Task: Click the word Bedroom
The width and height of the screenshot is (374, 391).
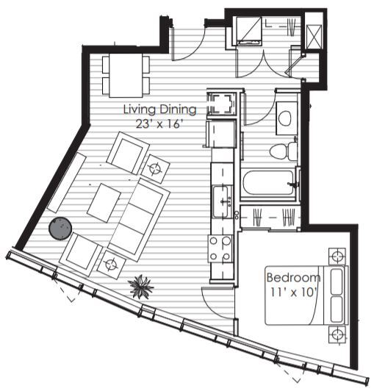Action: tap(292, 278)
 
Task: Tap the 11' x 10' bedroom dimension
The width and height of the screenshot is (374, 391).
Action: tap(292, 291)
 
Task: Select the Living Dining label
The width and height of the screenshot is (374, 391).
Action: tap(159, 110)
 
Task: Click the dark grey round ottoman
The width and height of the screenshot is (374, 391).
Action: tap(60, 229)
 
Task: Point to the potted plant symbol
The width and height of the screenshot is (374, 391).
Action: tap(139, 287)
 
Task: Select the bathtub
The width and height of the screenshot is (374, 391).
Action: tap(269, 183)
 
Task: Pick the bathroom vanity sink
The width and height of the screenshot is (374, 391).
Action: tap(286, 117)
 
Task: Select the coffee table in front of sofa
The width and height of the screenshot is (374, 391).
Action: tap(104, 201)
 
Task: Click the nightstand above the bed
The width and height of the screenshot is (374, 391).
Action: tap(337, 257)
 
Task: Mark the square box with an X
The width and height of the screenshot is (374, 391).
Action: tap(314, 35)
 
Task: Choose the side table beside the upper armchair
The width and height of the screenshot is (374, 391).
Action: tap(156, 168)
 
